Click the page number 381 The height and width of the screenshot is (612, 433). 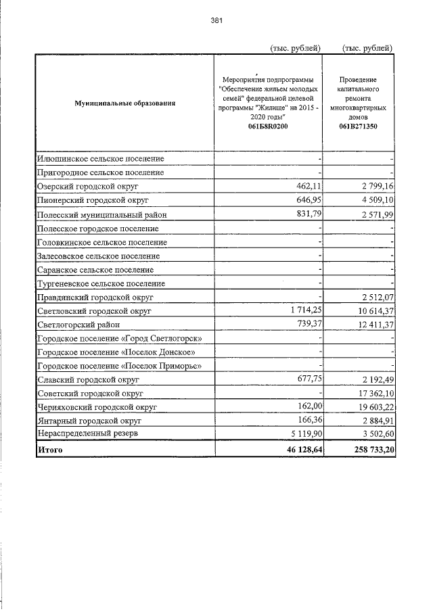pos(216,20)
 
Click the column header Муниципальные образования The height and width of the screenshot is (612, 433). pos(125,103)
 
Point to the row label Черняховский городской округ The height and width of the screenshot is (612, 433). pos(97,408)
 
